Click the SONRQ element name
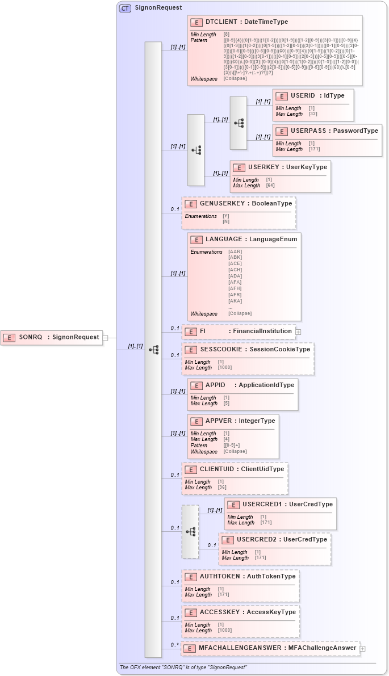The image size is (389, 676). click(30, 337)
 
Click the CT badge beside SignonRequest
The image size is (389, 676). click(125, 8)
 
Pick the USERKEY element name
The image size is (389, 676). click(264, 167)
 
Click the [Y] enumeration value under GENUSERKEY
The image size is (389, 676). click(225, 216)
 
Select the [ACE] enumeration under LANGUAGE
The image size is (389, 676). click(235, 264)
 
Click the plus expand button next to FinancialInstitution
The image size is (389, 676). click(298, 331)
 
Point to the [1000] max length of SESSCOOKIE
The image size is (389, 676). click(224, 368)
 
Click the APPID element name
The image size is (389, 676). click(215, 385)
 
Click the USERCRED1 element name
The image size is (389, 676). click(262, 504)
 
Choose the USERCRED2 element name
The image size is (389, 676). click(256, 539)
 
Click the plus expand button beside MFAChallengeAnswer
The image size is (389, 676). click(363, 648)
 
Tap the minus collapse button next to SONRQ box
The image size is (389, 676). click(105, 338)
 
